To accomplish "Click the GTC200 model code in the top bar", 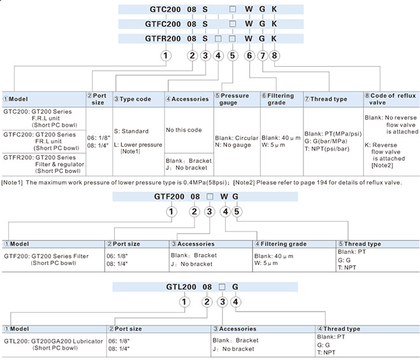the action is click(x=165, y=10).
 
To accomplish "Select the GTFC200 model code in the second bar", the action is click(x=163, y=24).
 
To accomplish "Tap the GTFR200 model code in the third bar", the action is click(x=163, y=39).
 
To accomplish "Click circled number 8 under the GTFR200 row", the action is click(x=274, y=55).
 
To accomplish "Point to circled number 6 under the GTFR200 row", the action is click(x=249, y=55).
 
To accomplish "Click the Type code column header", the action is click(x=133, y=99).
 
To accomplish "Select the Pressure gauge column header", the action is click(x=232, y=99).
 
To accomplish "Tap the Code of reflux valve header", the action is click(x=391, y=99).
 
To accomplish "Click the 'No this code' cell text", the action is click(x=184, y=130).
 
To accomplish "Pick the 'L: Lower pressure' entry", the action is click(x=138, y=145).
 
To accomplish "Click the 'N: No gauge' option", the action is click(x=233, y=145).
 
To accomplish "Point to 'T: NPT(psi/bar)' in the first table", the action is click(x=327, y=148).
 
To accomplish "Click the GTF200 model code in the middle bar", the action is click(x=169, y=197).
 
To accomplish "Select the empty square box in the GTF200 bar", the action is click(x=210, y=197).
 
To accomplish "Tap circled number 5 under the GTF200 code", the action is click(x=237, y=212).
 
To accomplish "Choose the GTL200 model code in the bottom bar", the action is click(x=181, y=287).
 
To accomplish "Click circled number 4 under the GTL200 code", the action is click(x=235, y=302).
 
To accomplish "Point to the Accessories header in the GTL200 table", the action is click(x=235, y=329).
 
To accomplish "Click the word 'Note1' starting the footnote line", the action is click(x=12, y=183).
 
